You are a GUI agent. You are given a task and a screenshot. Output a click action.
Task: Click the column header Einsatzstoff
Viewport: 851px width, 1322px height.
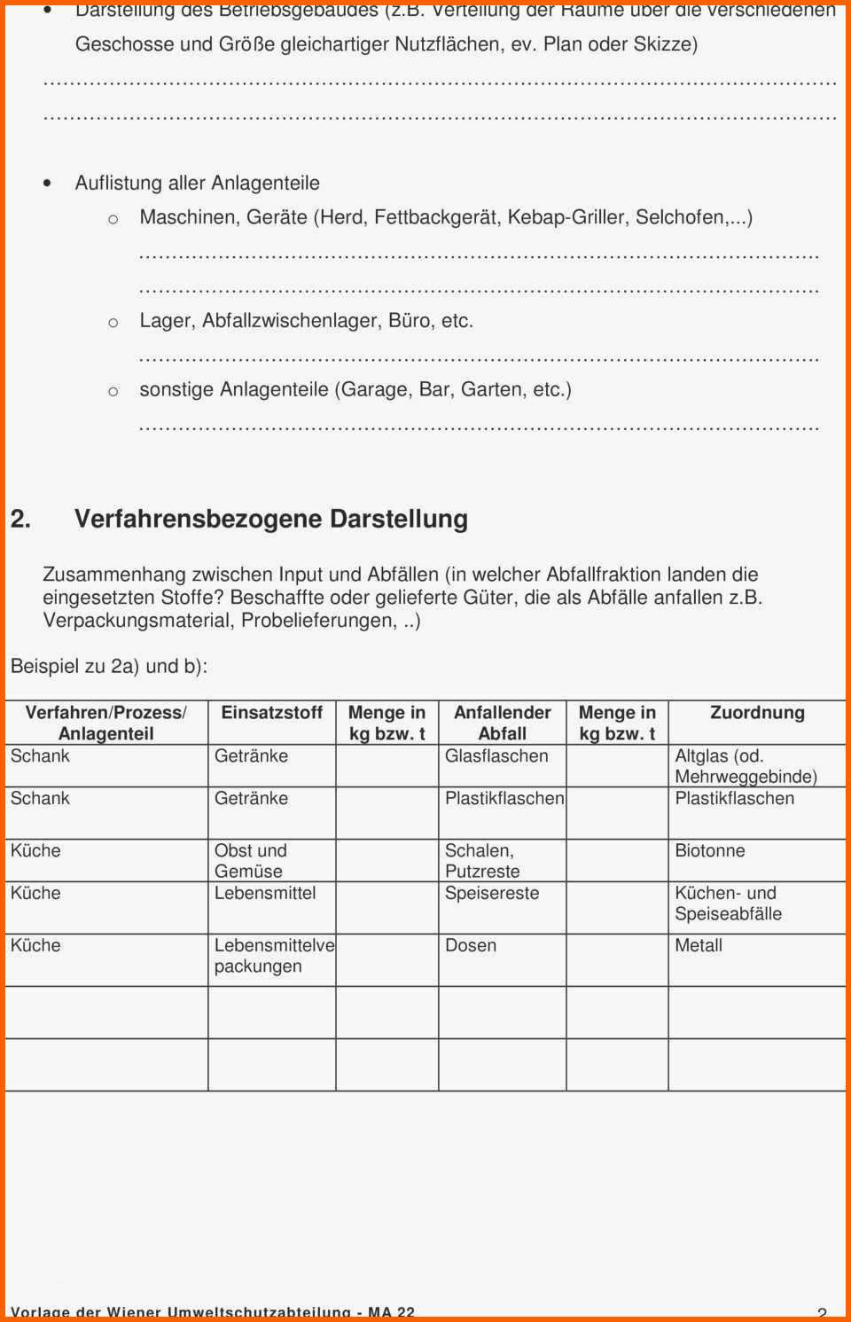271,713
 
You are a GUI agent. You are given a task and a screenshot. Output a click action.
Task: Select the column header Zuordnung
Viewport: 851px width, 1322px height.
757,713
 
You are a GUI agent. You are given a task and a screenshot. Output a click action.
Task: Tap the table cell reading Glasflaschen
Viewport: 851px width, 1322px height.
496,756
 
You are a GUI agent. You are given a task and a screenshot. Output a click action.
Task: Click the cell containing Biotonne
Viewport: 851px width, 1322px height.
710,851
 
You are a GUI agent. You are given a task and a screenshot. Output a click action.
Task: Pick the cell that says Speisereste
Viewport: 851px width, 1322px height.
492,894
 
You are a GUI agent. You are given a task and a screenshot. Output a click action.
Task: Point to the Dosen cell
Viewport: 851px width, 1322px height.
471,946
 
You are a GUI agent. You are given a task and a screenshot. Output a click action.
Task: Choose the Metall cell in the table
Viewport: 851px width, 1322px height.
699,946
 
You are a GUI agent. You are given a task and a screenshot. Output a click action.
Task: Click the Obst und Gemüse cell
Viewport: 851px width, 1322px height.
250,861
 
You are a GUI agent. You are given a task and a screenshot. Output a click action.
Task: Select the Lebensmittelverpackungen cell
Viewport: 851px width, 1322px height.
273,956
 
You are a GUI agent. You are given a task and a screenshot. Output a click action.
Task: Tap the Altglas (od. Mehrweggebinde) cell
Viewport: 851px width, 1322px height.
746,766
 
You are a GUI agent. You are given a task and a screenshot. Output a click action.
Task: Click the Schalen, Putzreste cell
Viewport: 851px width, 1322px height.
482,861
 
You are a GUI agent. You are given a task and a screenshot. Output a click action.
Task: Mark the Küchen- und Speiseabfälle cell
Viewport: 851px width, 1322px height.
728,903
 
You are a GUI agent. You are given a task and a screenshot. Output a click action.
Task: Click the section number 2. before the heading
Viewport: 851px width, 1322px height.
20,520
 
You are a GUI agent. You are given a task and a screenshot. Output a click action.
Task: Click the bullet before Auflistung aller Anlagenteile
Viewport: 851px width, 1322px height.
47,184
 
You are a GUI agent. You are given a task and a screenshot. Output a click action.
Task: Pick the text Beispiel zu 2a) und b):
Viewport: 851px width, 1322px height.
109,666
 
